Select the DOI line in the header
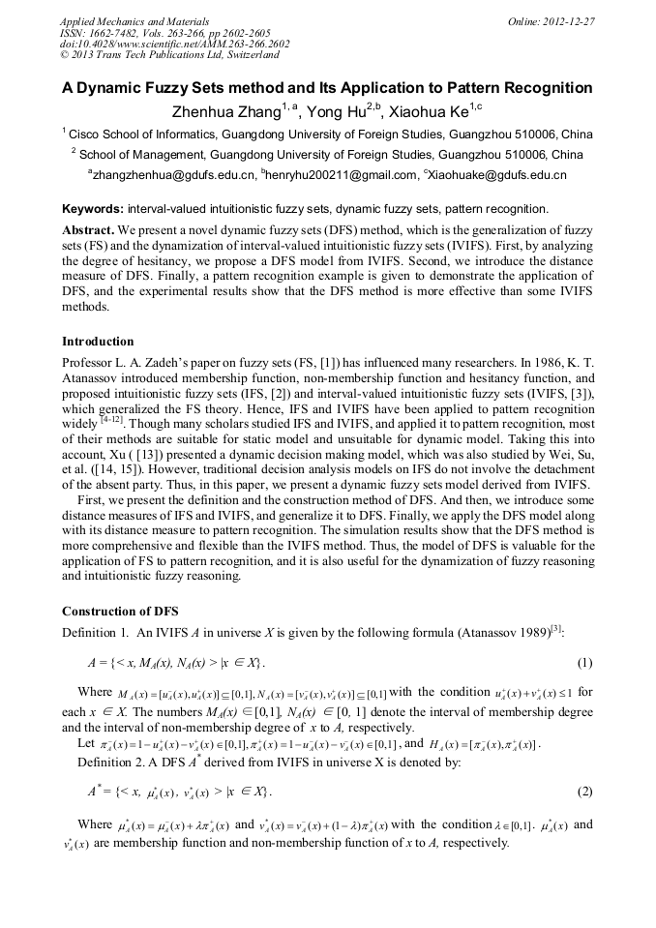pos(174,45)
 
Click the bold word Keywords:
pos(93,208)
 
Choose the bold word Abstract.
pos(89,230)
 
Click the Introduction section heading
pos(98,342)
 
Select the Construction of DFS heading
pos(120,611)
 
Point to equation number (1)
pos(584,663)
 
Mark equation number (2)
pos(584,792)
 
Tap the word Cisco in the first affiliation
pos(87,134)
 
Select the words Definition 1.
pos(96,632)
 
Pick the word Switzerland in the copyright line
pos(246,56)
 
